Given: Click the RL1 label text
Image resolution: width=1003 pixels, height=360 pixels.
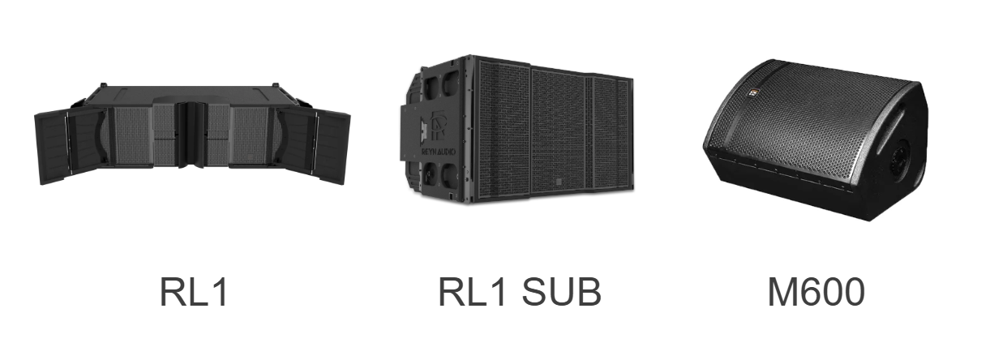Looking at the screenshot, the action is (194, 292).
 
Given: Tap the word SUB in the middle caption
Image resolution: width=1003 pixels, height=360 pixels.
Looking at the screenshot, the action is (562, 292).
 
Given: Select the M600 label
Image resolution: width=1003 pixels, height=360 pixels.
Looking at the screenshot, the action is (817, 292).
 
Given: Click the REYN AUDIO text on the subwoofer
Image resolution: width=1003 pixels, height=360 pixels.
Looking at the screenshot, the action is (438, 152).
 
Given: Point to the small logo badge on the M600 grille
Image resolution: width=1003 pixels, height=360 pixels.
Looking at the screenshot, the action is (752, 93).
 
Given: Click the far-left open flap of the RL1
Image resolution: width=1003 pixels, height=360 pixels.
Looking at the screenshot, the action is (50, 148).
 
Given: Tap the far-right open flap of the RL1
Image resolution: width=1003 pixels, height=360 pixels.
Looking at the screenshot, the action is (332, 148).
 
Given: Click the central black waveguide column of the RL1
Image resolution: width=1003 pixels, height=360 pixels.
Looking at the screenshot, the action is (191, 135).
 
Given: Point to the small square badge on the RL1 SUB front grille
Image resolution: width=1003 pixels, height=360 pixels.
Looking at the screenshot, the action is (559, 182).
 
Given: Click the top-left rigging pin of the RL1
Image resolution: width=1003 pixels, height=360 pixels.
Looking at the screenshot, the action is (104, 84).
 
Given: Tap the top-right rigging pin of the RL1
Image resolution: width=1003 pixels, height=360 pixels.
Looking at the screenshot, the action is (272, 85).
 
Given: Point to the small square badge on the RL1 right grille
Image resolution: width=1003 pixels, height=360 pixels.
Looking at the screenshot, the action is (250, 156).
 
